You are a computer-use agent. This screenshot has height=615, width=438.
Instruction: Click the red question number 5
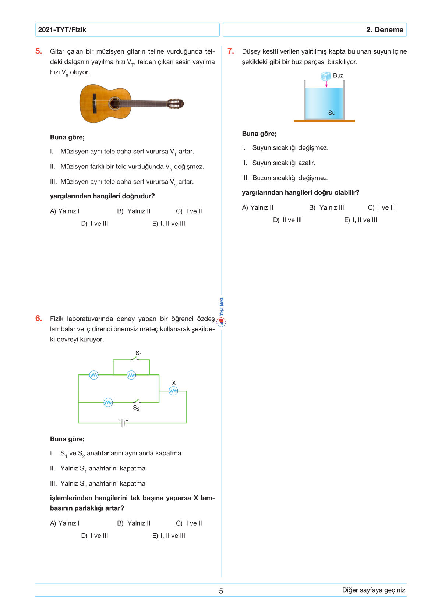[39, 51]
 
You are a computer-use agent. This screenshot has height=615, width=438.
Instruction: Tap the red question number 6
[39, 318]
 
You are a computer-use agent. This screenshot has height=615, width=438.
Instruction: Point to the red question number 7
[231, 51]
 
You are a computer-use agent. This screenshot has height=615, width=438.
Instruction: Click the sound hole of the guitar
[114, 103]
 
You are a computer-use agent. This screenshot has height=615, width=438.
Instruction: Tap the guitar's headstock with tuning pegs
[176, 103]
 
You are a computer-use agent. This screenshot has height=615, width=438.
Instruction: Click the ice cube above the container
[326, 76]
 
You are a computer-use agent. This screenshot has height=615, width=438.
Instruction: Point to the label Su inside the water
[332, 113]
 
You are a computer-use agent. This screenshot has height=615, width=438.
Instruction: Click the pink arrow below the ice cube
[326, 84]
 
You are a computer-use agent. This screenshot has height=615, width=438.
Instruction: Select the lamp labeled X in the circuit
[173, 391]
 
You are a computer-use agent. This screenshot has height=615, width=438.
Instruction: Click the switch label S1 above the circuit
[138, 353]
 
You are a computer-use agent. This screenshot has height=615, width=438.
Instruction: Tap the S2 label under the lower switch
[136, 408]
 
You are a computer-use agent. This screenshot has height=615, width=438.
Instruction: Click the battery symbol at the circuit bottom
[123, 423]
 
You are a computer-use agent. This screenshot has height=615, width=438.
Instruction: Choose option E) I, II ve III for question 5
[169, 224]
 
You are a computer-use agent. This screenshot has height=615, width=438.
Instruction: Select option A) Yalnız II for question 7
[258, 207]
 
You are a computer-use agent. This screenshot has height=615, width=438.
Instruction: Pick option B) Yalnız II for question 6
[134, 523]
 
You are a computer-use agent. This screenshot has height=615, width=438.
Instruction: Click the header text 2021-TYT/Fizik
[62, 30]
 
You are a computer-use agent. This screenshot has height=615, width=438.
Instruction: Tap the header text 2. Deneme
[385, 30]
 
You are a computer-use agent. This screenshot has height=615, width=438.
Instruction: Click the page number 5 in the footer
[221, 591]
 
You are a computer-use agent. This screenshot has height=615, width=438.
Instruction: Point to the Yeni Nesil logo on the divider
[221, 312]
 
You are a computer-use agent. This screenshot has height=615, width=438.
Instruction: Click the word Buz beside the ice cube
[338, 75]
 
